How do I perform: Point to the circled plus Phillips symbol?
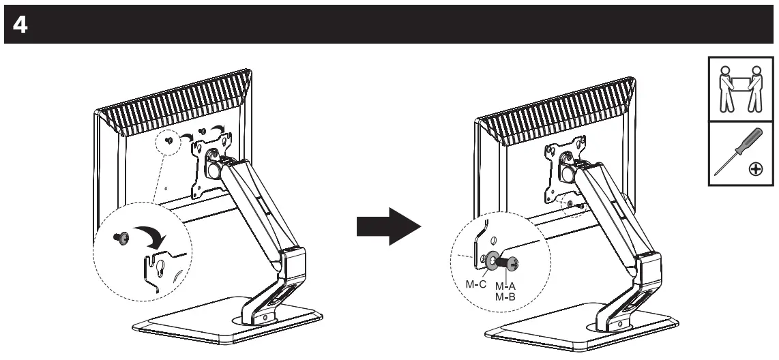756,170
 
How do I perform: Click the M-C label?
477,284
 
